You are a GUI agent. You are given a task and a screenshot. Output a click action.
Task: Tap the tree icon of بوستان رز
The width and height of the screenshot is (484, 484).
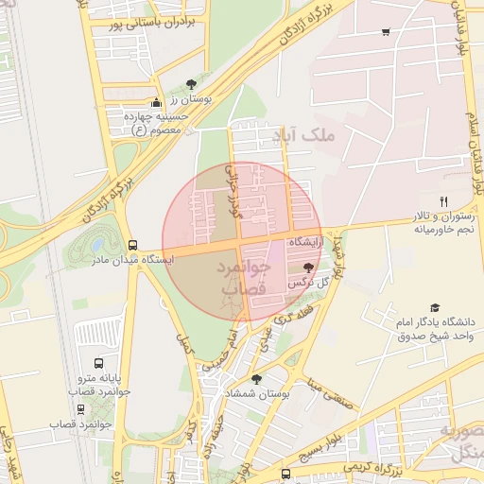193,84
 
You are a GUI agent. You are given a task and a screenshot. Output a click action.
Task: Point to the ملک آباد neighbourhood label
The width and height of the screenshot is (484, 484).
303,137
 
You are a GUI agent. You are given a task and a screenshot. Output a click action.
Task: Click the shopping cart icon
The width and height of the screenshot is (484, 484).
385,32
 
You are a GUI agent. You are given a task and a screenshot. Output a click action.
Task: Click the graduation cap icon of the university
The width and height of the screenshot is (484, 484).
435,307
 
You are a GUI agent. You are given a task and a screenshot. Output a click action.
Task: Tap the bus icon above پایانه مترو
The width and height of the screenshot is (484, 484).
99,363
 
